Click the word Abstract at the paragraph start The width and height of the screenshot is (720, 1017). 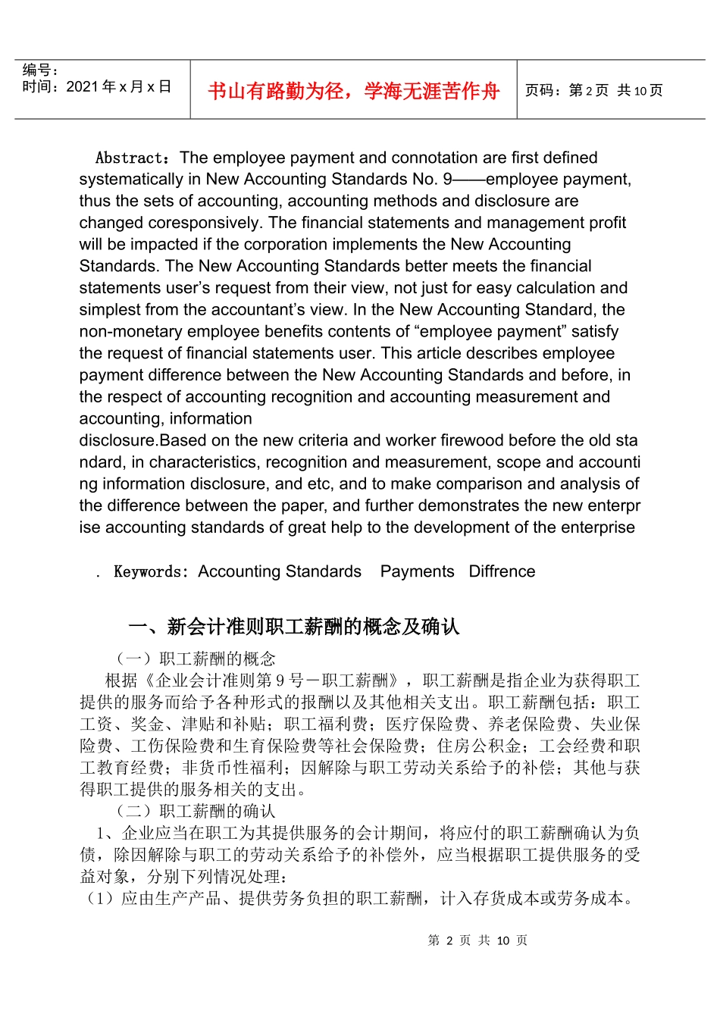130,158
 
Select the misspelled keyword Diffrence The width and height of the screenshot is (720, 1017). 502,571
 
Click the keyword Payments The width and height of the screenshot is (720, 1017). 417,571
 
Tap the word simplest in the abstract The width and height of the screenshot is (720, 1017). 111,310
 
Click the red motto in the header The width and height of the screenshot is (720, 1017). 353,91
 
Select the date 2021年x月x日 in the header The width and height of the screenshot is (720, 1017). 118,86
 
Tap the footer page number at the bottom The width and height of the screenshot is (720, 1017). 477,940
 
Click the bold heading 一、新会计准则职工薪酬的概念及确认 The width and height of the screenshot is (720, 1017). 294,627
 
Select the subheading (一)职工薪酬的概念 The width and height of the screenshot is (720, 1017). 195,659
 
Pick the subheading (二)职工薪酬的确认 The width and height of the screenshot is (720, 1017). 195,812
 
